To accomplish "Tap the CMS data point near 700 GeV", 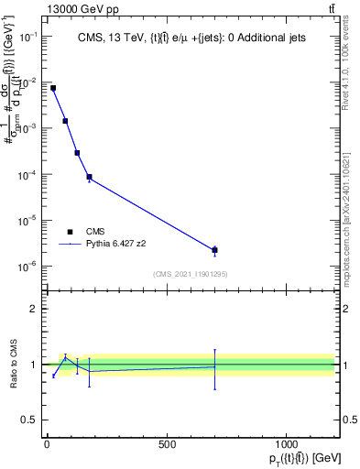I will (x=214, y=250).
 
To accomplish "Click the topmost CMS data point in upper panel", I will (x=53, y=88).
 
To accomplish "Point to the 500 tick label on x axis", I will (x=167, y=445).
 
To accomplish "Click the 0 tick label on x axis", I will (x=47, y=445).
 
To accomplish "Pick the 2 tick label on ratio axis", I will (x=34, y=309).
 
